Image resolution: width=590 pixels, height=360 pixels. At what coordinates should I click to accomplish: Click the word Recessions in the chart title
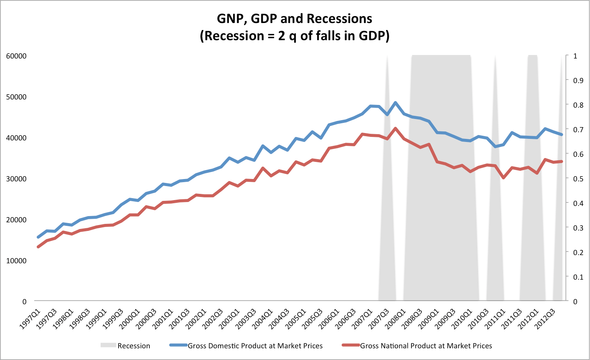tap(339, 18)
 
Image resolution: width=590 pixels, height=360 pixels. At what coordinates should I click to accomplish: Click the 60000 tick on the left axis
tap(16, 56)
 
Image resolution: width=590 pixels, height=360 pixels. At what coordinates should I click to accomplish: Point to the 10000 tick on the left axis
tap(16, 261)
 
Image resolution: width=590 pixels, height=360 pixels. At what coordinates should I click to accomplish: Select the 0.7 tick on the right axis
tap(578, 129)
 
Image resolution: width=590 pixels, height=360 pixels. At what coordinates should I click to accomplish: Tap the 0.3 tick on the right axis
tap(578, 228)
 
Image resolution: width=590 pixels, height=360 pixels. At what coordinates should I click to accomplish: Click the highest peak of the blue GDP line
tap(395, 103)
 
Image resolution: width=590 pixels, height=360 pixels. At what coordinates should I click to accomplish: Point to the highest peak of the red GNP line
tap(395, 128)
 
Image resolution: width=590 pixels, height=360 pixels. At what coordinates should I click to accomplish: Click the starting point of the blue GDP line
tap(38, 237)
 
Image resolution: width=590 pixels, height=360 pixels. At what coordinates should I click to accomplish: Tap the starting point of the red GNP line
tap(38, 247)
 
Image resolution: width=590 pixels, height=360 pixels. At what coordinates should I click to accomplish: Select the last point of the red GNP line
tap(562, 161)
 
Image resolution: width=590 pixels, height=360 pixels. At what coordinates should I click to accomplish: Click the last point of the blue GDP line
tap(562, 135)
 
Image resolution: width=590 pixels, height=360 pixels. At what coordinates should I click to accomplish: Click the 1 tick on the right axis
tap(575, 56)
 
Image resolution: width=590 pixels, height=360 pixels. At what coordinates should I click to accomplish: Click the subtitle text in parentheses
tap(294, 36)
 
